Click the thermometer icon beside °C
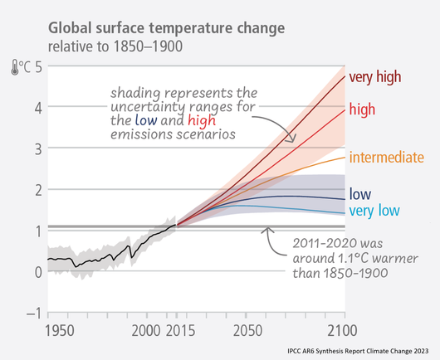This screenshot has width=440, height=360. tap(15, 67)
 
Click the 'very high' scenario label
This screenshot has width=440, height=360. tap(375, 76)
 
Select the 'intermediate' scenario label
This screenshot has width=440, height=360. tap(387, 157)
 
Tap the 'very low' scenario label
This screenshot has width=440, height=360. tap(374, 211)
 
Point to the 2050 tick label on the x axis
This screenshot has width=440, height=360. tap(247, 331)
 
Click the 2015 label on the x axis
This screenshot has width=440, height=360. tap(180, 331)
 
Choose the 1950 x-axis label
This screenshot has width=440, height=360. tap(60, 331)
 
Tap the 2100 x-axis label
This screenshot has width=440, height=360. tap(343, 331)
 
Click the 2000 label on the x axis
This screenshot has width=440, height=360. tap(146, 331)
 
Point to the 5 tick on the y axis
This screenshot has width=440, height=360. tap(39, 67)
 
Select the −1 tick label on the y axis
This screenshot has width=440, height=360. tap(35, 313)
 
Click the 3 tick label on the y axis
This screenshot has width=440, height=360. tap(38, 149)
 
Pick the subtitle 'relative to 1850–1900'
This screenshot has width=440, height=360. tap(115, 46)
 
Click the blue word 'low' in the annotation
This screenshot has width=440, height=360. tap(146, 120)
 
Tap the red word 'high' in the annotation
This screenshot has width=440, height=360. tap(202, 120)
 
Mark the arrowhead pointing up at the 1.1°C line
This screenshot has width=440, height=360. tap(267, 230)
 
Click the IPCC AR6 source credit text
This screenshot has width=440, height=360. tap(358, 351)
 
